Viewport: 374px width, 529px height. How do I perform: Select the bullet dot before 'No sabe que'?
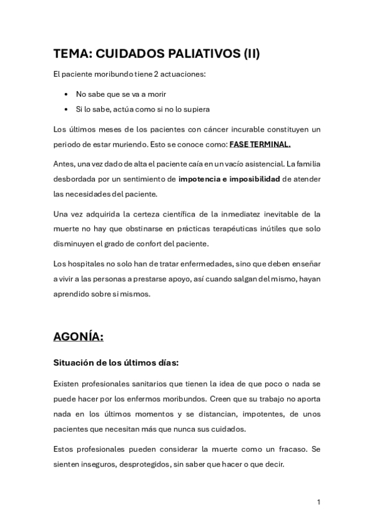(67, 94)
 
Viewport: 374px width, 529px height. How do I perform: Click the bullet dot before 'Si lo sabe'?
(67, 109)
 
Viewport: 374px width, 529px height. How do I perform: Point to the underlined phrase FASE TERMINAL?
(260, 145)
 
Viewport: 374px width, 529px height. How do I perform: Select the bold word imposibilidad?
(251, 179)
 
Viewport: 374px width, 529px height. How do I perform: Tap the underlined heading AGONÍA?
(79, 337)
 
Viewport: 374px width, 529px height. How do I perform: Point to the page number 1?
(318, 502)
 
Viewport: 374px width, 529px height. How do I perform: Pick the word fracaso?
(292, 449)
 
